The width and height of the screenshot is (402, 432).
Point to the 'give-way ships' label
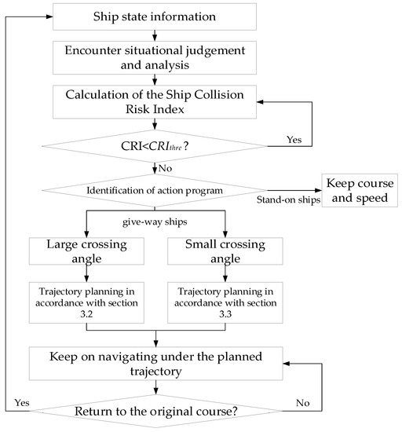[159, 222]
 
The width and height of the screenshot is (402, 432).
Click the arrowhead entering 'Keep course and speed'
[313, 189]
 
